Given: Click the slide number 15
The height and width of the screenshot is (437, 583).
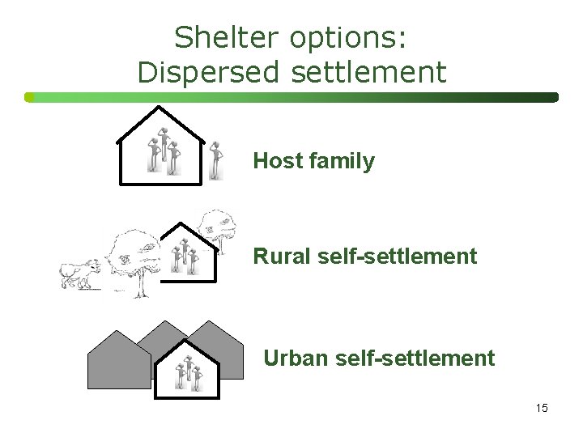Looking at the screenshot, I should pos(541,408).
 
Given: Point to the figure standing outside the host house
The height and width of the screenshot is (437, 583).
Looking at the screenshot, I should pos(215,160).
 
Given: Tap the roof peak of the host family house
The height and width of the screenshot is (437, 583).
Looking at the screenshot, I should pos(159,108).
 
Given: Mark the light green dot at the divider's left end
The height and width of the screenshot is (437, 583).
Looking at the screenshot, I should pos(29,97).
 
